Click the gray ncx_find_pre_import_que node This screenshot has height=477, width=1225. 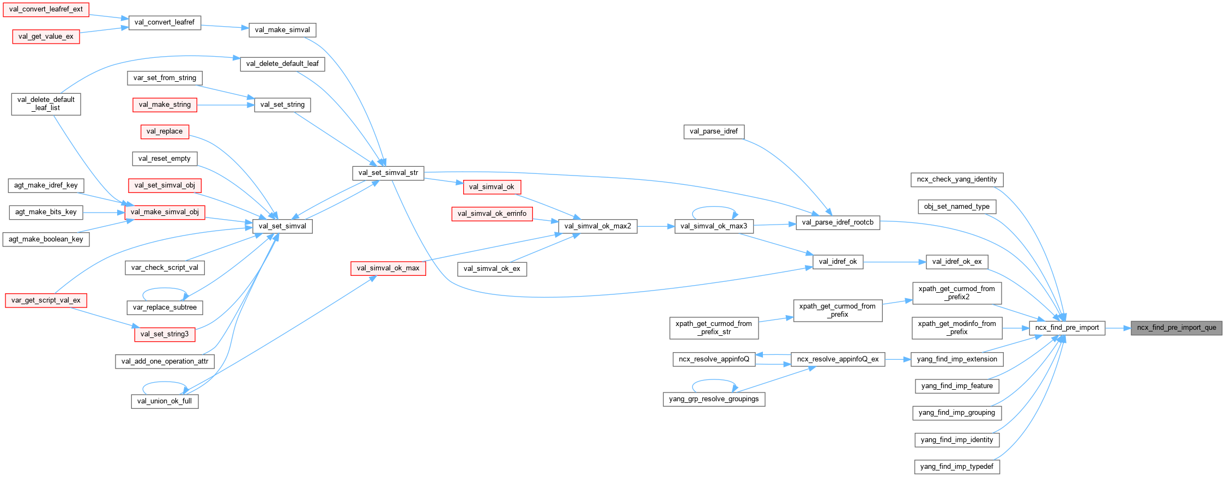pyautogui.click(x=1176, y=328)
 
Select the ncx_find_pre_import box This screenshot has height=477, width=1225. pyautogui.click(x=1066, y=328)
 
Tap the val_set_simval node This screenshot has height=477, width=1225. pyautogui.click(x=282, y=226)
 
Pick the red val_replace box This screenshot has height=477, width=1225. pyautogui.click(x=165, y=131)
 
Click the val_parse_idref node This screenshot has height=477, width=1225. pyautogui.click(x=713, y=131)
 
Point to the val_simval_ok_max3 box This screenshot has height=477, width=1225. pyautogui.click(x=714, y=226)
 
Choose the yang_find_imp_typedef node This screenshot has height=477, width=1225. pyautogui.click(x=956, y=467)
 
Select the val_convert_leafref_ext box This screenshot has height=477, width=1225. pyautogui.click(x=46, y=9)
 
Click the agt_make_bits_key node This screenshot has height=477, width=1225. pyautogui.click(x=46, y=212)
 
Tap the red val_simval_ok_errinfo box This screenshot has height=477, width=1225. pyautogui.click(x=492, y=214)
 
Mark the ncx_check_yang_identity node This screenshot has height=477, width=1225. pyautogui.click(x=956, y=179)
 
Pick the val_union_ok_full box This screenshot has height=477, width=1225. pyautogui.click(x=165, y=401)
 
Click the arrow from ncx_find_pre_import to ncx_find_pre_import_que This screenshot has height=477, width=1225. pyautogui.click(x=1118, y=328)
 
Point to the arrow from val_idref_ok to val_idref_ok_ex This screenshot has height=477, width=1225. pyautogui.click(x=894, y=262)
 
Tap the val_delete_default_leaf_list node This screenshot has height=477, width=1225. pyautogui.click(x=46, y=104)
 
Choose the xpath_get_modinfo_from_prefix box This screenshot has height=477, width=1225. pyautogui.click(x=956, y=328)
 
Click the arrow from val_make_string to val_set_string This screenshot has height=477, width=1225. pyautogui.click(x=225, y=105)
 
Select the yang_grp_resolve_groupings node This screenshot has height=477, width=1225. pyautogui.click(x=713, y=399)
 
